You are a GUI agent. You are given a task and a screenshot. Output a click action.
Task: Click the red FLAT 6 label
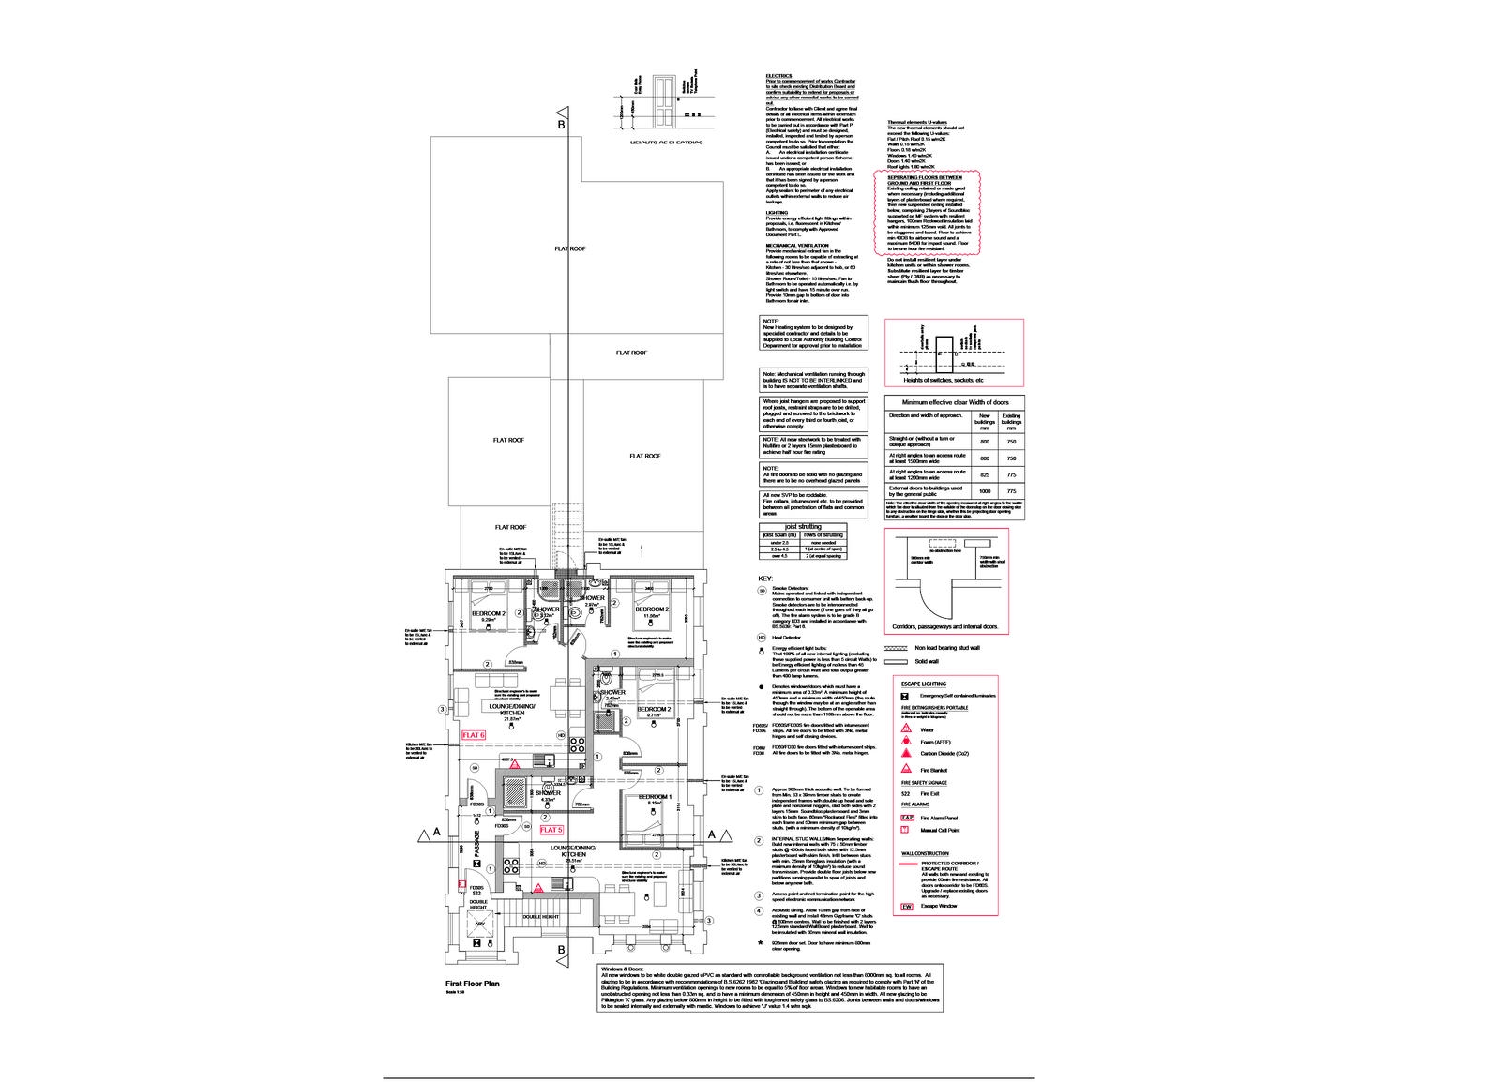point(472,734)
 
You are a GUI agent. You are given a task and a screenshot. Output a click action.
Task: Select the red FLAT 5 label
point(551,830)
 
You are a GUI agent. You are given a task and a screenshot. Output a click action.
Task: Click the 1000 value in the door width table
point(985,490)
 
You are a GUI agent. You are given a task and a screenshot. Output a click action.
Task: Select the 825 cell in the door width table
point(985,474)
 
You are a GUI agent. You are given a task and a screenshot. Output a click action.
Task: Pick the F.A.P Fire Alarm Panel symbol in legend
point(907,818)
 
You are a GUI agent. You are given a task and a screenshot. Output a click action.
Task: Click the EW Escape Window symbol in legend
point(907,907)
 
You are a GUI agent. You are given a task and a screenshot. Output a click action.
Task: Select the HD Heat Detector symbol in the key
point(762,637)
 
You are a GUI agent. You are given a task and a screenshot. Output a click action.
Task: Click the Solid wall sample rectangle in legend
point(898,661)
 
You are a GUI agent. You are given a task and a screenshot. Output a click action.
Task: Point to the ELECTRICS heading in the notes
point(778,75)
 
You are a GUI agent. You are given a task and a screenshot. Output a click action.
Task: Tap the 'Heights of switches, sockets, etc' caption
point(943,380)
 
